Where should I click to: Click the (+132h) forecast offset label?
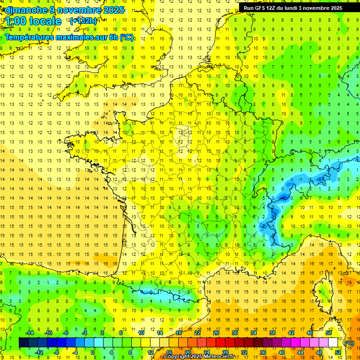83,21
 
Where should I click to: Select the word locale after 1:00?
45,21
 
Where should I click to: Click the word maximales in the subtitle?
76,37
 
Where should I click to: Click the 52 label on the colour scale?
338,352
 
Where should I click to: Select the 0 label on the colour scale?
93,352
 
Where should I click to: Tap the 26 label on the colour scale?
216,333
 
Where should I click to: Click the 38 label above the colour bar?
272,333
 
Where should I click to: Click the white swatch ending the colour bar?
333,342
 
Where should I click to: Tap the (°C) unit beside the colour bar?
349,343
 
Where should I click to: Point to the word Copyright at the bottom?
178,357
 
